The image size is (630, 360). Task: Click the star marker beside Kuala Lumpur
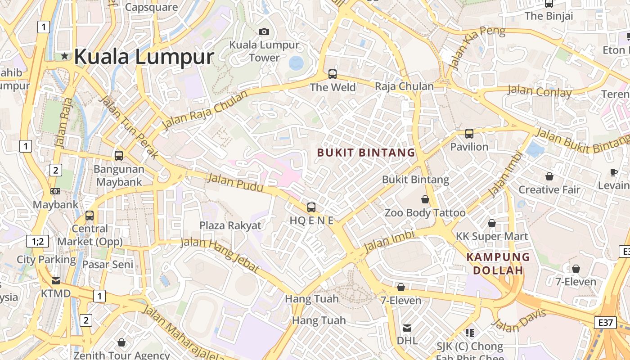coord(65,56)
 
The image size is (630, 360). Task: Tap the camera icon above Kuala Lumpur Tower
coord(264,31)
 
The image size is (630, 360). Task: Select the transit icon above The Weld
coord(333,74)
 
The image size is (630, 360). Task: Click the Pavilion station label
coord(469,147)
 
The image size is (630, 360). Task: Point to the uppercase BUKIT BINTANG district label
coord(366,153)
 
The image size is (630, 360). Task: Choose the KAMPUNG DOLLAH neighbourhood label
coord(498,264)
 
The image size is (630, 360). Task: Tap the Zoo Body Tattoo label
coord(425,212)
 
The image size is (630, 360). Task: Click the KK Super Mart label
coord(492,236)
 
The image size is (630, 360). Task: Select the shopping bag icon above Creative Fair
coord(549,176)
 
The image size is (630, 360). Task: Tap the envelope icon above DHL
coord(407,328)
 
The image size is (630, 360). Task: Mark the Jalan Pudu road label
coord(235,184)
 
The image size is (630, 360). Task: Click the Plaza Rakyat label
coord(230,225)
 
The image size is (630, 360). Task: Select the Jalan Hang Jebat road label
coord(220,255)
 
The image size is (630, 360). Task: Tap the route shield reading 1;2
coord(38,241)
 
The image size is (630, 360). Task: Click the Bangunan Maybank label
coord(119,175)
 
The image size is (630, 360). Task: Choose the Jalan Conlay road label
coord(540,91)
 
